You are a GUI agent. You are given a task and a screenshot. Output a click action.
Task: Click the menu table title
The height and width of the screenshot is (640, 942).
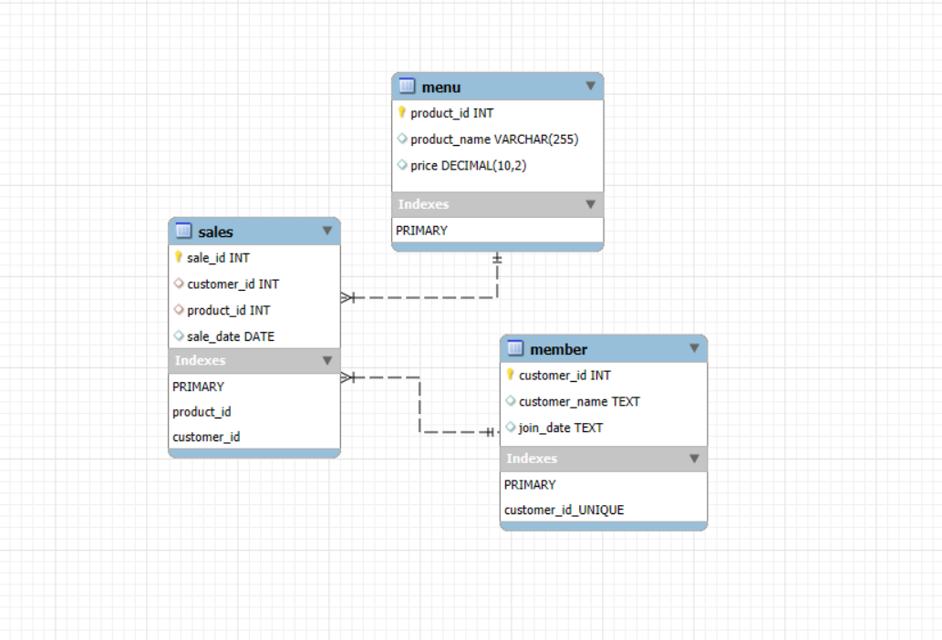441,88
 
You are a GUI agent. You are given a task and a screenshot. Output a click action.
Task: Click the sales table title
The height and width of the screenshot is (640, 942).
215,232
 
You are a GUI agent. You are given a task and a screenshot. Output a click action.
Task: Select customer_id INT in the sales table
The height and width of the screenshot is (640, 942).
233,284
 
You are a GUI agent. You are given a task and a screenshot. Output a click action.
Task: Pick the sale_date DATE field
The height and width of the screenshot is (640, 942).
230,336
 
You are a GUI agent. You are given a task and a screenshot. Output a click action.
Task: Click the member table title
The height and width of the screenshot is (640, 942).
558,349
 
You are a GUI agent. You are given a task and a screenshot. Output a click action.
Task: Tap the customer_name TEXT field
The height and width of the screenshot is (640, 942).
579,401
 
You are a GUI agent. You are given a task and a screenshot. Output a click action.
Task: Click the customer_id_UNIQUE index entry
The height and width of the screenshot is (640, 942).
564,510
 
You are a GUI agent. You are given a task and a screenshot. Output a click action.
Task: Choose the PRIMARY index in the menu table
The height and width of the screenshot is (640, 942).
421,231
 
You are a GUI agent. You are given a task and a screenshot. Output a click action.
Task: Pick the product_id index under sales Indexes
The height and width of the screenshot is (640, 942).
202,412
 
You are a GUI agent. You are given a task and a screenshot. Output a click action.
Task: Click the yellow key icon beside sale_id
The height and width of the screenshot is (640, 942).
179,258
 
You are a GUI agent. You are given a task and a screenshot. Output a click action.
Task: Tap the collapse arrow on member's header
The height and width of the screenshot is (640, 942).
694,348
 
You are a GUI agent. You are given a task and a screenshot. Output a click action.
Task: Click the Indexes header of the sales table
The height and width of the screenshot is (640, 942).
201,361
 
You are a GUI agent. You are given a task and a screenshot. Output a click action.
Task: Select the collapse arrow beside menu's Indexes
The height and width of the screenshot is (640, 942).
590,204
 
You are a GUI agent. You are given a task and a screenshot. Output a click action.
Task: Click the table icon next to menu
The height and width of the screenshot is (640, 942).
408,87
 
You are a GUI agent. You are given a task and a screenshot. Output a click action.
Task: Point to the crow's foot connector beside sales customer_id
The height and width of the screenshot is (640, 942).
348,297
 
